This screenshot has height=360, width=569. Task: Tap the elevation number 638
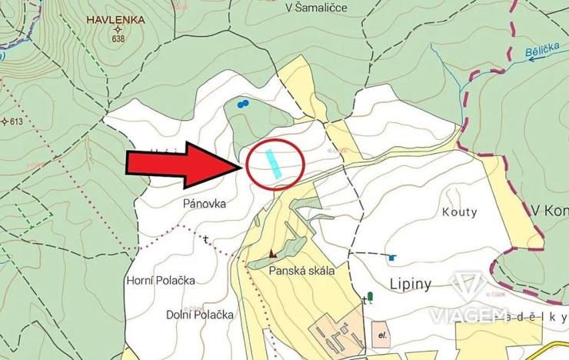click(118, 38)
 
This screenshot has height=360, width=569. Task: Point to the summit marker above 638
click(118, 29)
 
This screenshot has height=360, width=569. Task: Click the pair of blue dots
click(243, 103)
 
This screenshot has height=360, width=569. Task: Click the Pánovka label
click(202, 205)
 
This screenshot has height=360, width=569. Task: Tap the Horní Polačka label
click(160, 280)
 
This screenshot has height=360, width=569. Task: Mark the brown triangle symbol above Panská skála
click(272, 253)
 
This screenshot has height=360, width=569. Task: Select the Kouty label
click(460, 212)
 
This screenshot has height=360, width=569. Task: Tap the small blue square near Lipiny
click(391, 258)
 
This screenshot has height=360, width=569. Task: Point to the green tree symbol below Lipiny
click(369, 296)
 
